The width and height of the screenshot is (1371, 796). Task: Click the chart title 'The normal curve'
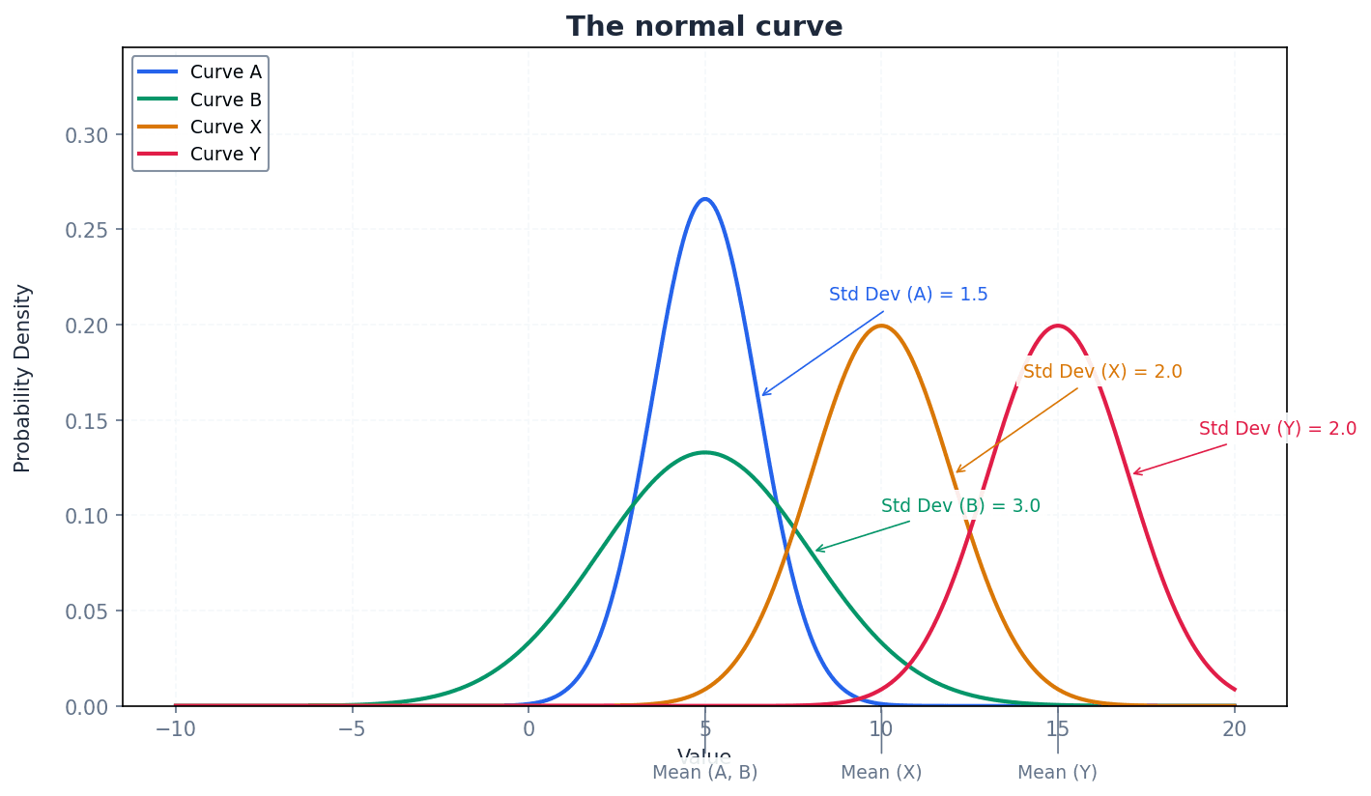704,27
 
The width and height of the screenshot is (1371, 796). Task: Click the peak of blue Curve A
705,199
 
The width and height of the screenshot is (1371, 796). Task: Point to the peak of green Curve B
705,452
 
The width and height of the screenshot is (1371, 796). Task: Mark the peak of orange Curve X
881,326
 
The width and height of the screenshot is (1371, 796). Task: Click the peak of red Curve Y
1058,326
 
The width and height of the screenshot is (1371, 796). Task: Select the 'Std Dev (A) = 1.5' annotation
908,295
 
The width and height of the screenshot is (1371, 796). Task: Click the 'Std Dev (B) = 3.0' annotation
960,506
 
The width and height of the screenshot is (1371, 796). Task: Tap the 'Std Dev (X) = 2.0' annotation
1102,372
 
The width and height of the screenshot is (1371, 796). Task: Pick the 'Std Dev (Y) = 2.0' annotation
1277,429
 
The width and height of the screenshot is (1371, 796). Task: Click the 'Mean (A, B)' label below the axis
705,773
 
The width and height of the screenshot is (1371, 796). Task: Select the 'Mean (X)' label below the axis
881,773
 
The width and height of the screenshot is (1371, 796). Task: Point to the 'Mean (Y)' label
1058,773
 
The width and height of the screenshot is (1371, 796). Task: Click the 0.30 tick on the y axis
87,135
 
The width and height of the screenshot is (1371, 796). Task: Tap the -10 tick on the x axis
175,729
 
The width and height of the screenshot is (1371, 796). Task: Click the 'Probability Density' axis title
23,378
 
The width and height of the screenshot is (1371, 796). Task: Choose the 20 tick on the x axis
1234,729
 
